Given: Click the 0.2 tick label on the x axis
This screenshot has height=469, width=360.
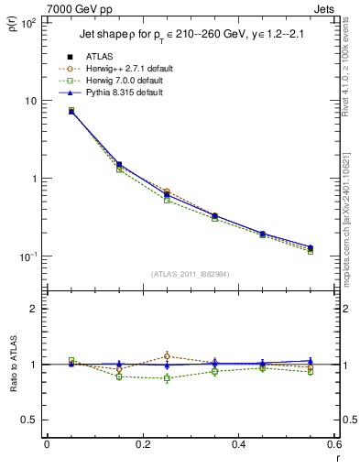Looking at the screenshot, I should point(142,444).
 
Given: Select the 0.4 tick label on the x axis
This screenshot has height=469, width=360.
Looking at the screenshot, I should point(238,444).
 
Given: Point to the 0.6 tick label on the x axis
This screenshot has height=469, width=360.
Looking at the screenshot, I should point(333,444).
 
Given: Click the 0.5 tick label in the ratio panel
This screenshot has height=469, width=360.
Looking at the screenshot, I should point(28,420).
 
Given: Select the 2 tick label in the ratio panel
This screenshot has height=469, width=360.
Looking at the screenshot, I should point(33,309).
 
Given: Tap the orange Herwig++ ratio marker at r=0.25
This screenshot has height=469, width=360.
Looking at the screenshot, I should point(167,356).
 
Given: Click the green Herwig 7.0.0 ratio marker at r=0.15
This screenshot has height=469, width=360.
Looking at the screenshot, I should point(119,376).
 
